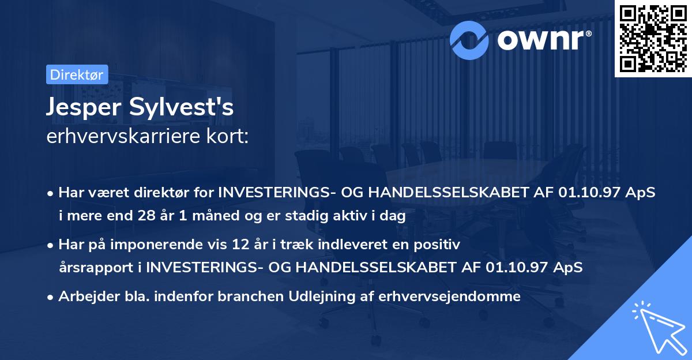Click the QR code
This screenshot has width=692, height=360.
click(x=652, y=39)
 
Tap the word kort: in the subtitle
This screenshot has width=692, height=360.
click(x=229, y=137)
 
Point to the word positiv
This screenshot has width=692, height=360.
click(x=440, y=245)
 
